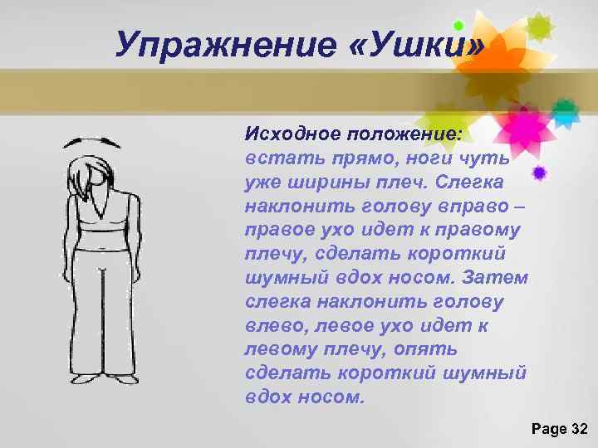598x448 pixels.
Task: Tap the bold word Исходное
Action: (x=285, y=134)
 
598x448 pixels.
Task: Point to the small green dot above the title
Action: (x=458, y=26)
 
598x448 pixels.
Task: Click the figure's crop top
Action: (x=101, y=217)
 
